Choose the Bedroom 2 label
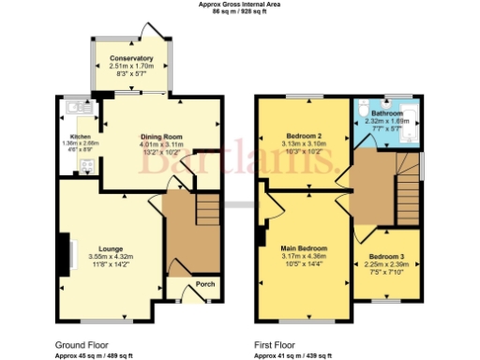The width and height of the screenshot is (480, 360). pos(303,136)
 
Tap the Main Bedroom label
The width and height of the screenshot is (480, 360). pos(303,248)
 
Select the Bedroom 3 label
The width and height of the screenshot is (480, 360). pos(386,256)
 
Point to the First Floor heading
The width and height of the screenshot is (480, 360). pos(278,344)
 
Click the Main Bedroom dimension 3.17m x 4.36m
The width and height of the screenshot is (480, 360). pos(303,257)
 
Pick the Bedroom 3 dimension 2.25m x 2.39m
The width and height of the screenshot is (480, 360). pos(386,264)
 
